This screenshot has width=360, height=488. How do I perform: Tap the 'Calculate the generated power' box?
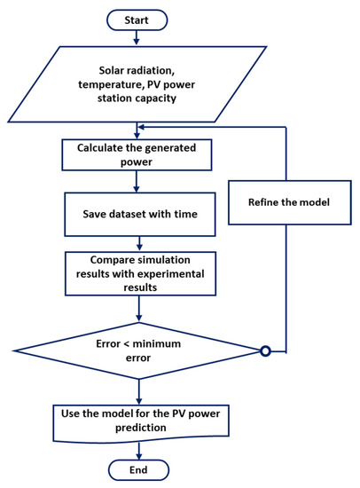(135, 155)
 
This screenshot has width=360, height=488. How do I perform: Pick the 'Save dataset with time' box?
(135, 214)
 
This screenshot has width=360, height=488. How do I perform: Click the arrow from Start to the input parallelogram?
(135, 35)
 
